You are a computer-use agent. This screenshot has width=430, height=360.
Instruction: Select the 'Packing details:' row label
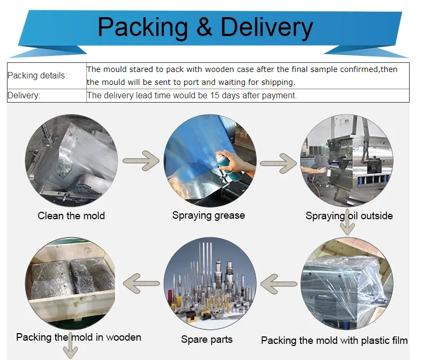click(x=38, y=76)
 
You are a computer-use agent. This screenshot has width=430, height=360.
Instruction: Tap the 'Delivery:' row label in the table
click(x=24, y=96)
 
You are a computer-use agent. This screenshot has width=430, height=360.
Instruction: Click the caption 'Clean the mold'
click(x=71, y=216)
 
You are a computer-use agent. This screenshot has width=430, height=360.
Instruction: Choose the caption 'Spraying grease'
click(x=208, y=215)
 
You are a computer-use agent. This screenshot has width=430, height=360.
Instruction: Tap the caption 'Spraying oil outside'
click(x=349, y=216)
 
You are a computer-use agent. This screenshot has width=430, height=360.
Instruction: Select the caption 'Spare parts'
click(x=207, y=340)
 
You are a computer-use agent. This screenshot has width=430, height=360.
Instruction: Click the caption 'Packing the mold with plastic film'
click(x=334, y=341)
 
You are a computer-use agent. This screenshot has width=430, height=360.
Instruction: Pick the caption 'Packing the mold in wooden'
click(x=78, y=337)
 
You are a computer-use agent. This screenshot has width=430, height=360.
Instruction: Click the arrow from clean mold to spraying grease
click(x=141, y=160)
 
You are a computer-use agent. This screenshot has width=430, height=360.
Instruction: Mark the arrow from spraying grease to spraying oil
click(x=279, y=163)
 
